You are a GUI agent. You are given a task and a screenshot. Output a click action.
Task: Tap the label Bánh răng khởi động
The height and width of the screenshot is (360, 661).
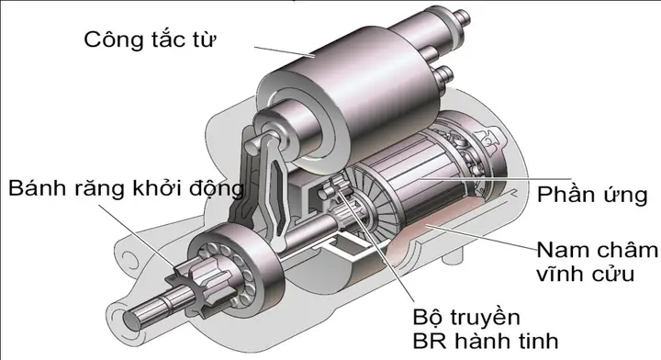click(127, 189)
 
